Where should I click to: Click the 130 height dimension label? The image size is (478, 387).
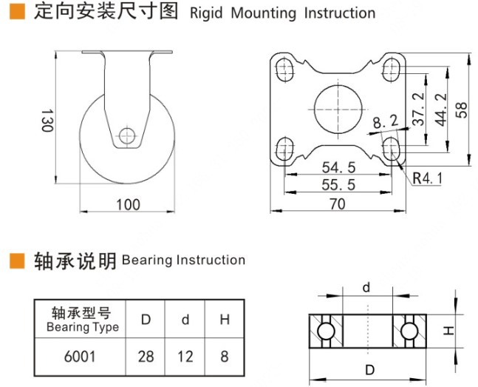[47, 121]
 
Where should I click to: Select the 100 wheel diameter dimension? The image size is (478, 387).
[128, 204]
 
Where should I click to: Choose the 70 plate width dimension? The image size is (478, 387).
[338, 204]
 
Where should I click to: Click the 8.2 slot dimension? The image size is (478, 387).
[385, 121]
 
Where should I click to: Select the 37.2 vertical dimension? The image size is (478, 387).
[418, 109]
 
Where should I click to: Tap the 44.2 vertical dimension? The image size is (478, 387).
[442, 109]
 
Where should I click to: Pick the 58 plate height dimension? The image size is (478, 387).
[462, 109]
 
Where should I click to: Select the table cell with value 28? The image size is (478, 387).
[146, 357]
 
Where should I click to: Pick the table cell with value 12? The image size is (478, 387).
[185, 357]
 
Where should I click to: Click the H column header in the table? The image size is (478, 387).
[225, 320]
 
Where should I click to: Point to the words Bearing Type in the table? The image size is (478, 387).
[82, 327]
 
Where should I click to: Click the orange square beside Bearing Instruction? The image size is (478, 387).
[17, 260]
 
